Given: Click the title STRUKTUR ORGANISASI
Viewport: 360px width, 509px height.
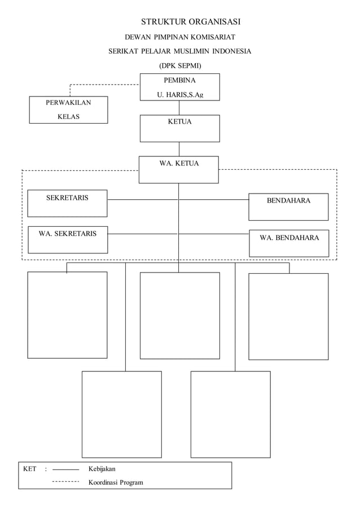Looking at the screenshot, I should [x=191, y=22].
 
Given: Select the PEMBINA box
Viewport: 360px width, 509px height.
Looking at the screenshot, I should [x=179, y=87].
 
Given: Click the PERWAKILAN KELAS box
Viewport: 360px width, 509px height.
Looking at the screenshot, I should [x=68, y=110].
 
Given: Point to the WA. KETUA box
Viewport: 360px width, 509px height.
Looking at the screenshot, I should [x=179, y=169].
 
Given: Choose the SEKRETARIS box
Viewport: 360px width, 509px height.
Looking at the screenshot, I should [x=67, y=203].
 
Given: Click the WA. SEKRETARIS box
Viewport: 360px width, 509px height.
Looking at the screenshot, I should [x=67, y=239].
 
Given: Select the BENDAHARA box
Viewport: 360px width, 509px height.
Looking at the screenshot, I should [x=288, y=207].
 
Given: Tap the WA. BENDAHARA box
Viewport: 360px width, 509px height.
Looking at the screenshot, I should [x=289, y=243].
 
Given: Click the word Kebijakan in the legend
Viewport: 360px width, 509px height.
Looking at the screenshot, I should [x=102, y=469].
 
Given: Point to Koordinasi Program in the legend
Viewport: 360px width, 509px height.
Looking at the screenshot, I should [x=115, y=482].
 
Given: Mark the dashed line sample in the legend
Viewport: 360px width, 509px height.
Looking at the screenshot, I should [x=65, y=482].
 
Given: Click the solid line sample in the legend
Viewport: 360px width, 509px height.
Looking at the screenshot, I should [x=65, y=469].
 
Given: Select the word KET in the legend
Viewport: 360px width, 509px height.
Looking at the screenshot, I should [x=29, y=469].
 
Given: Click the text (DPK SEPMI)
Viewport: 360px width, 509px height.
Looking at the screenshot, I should [x=180, y=65].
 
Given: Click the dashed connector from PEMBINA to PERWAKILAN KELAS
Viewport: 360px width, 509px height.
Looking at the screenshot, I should [x=104, y=85].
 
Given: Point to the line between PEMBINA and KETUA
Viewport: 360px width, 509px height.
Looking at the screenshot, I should [x=179, y=108].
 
